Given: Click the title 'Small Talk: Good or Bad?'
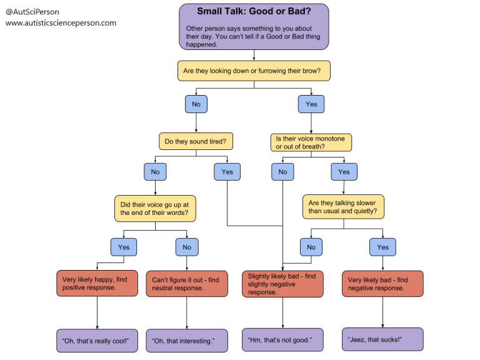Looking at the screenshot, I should (254, 11).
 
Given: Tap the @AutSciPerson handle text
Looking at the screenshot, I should (32, 12).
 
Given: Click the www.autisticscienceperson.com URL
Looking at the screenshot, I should (61, 23).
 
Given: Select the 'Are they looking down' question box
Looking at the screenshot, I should (254, 71).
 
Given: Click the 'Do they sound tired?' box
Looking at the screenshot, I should (196, 142).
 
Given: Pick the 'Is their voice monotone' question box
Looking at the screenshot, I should (311, 142).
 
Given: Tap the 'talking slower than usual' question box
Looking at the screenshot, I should (343, 207).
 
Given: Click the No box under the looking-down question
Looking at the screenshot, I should (196, 104).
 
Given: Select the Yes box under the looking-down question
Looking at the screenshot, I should (311, 104).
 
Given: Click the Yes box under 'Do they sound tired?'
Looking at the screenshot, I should (227, 171).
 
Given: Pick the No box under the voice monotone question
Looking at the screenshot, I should (282, 171).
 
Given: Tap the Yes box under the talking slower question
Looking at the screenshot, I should (382, 247).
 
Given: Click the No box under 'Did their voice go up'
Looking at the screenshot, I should (186, 247).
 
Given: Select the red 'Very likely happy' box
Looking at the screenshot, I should (97, 283).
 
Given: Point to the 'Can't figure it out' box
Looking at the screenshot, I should (186, 283).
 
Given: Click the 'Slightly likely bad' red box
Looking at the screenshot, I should (282, 283).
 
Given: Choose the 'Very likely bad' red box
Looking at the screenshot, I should (382, 283).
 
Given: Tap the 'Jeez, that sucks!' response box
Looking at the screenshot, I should (382, 339).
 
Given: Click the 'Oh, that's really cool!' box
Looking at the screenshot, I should (97, 341).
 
